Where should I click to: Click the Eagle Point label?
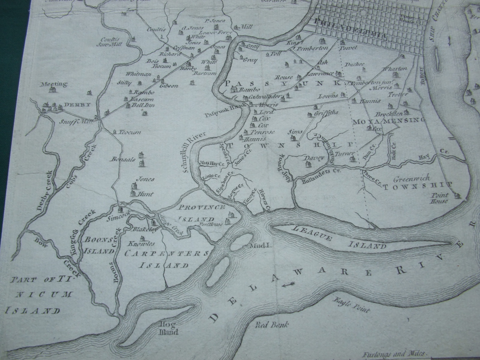351,305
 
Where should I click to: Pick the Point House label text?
439,198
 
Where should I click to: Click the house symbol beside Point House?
457,195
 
